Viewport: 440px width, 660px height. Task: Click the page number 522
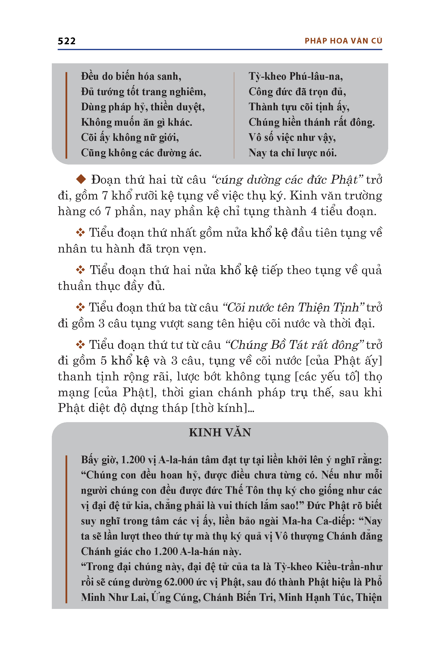(x=66, y=41)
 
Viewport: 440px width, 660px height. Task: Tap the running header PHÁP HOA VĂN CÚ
(x=343, y=41)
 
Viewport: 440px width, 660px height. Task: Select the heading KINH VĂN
(x=220, y=432)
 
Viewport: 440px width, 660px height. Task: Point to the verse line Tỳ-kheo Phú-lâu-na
(x=296, y=76)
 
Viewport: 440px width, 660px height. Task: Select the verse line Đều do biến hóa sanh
(x=131, y=76)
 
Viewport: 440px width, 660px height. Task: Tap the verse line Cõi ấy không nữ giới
(x=130, y=137)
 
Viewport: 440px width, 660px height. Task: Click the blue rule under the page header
(x=220, y=49)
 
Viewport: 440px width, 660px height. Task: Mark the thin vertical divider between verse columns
(x=234, y=115)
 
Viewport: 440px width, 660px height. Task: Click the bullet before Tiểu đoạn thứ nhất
(x=80, y=232)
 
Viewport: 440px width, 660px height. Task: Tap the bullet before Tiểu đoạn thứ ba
(x=80, y=307)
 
